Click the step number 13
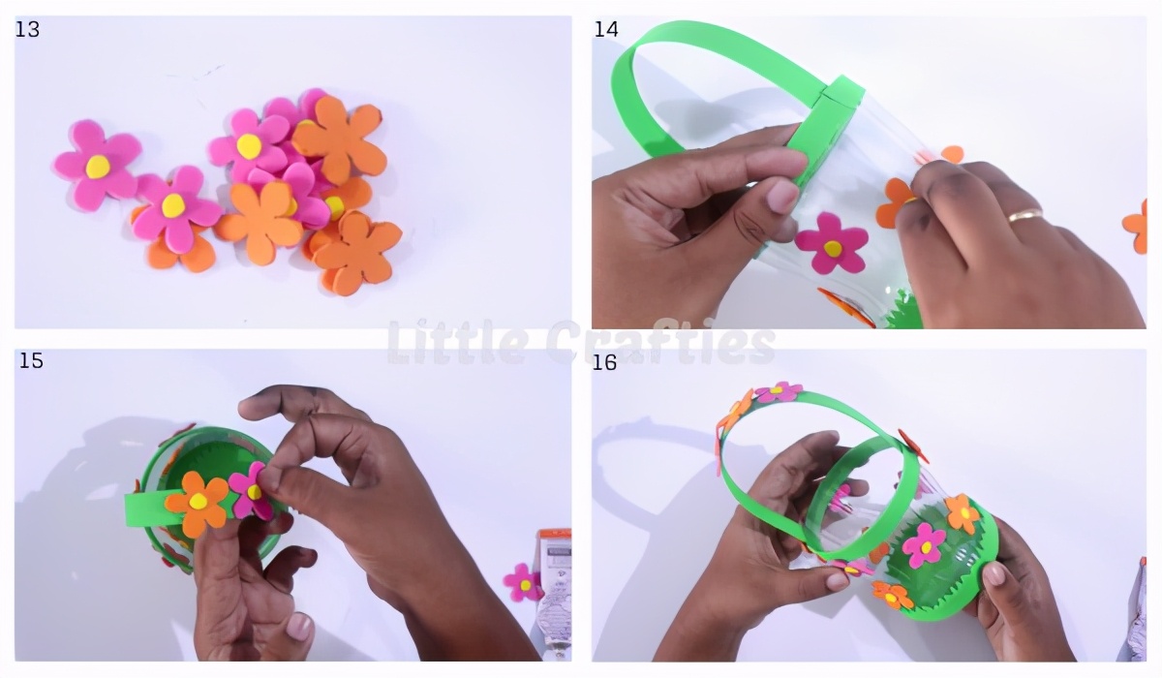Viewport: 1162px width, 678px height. click(27, 30)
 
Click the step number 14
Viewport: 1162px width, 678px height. click(606, 30)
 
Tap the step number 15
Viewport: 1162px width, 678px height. click(31, 360)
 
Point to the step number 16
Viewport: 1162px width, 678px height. click(604, 362)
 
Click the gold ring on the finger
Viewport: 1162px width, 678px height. click(1025, 215)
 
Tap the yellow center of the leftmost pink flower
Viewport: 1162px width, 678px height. click(98, 168)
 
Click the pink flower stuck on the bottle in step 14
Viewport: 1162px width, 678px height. click(832, 244)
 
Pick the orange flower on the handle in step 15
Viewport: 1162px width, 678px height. click(198, 503)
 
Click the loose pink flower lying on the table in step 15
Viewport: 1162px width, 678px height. click(524, 582)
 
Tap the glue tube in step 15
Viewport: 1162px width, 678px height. click(554, 586)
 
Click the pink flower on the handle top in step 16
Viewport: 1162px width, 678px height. click(779, 391)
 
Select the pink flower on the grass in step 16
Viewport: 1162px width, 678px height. click(924, 545)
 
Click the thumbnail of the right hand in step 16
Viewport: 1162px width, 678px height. click(994, 574)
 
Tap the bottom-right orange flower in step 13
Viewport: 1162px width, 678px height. click(357, 251)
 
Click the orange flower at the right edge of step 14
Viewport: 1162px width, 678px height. click(1136, 228)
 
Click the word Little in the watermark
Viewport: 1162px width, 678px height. click(455, 341)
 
